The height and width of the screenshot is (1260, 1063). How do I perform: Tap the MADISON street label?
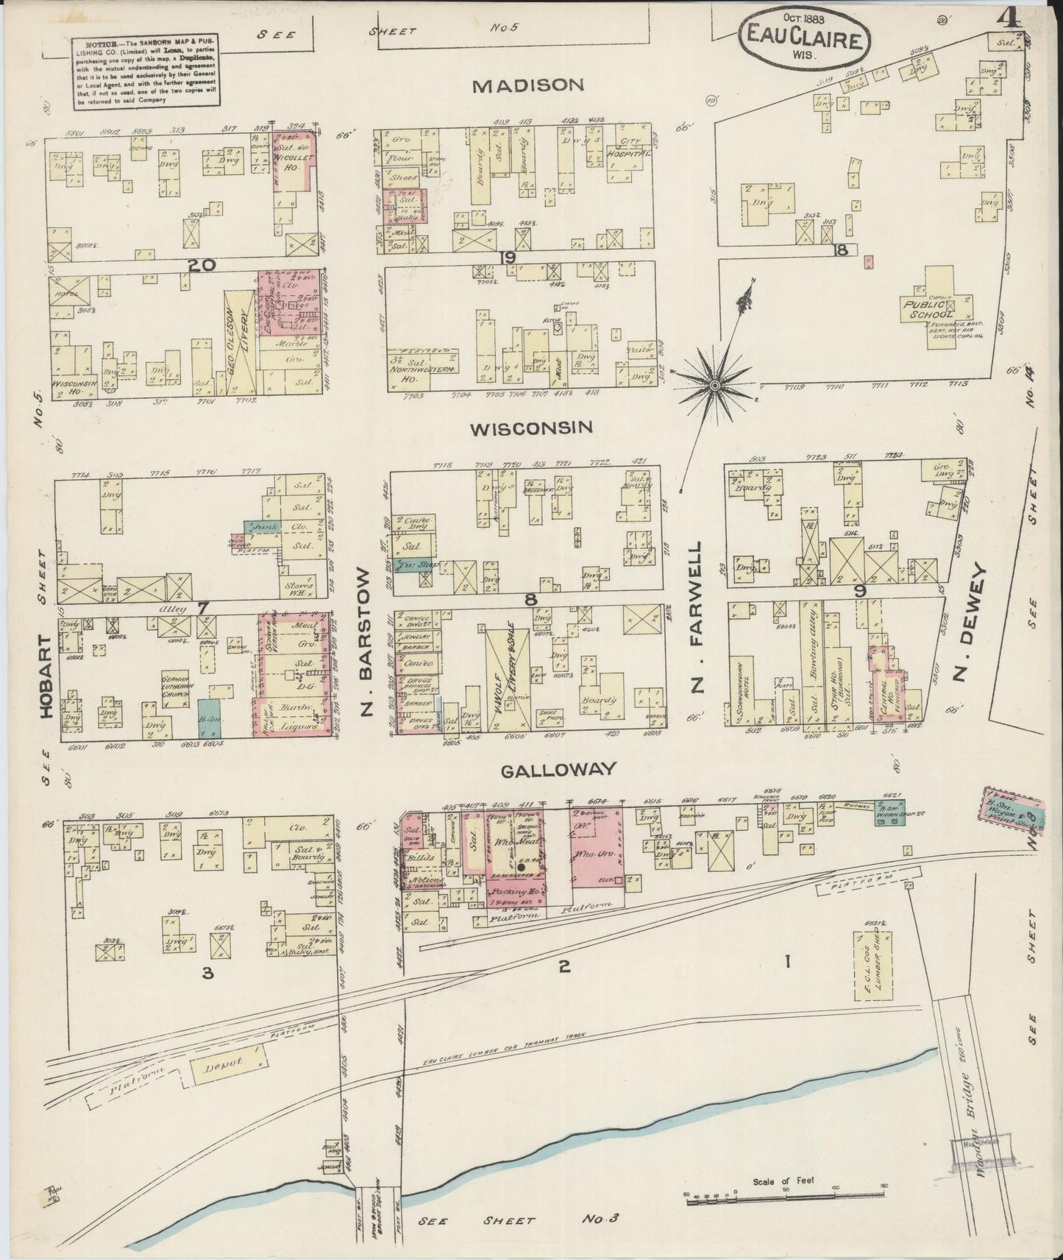[527, 85]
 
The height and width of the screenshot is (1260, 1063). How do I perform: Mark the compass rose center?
[714, 385]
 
